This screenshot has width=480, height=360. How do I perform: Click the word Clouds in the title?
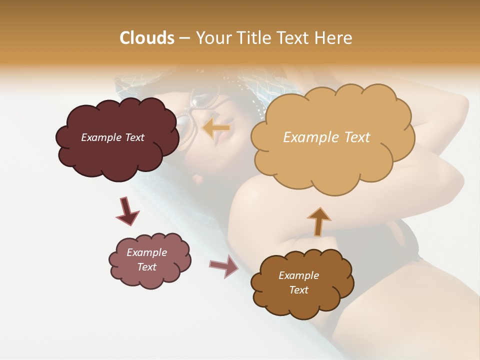(x=146, y=38)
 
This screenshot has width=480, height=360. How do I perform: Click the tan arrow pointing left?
(x=216, y=128)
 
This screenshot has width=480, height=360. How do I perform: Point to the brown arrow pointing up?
(x=318, y=221)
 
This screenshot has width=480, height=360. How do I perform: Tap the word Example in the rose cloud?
(x=147, y=252)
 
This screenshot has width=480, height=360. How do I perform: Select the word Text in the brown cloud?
(x=298, y=290)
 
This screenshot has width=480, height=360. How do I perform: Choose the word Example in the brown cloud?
(x=298, y=275)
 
